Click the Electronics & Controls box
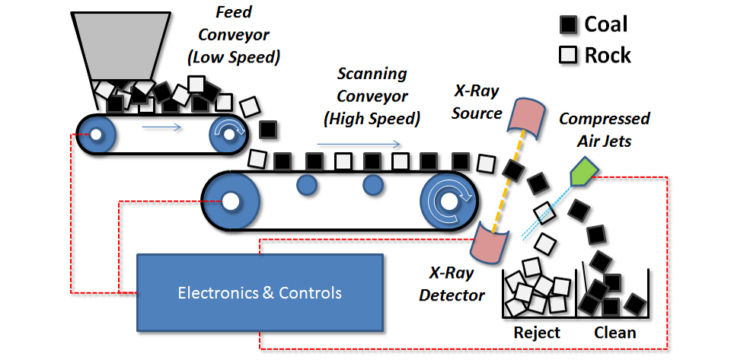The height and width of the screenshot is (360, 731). click(x=260, y=292)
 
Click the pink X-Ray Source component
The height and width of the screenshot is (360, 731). click(x=526, y=117)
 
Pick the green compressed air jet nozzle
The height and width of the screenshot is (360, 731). click(x=583, y=171)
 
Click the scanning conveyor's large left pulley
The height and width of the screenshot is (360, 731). click(x=229, y=201)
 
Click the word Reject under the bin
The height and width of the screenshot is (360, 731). click(x=537, y=333)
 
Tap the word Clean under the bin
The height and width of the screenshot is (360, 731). click(x=614, y=333)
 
